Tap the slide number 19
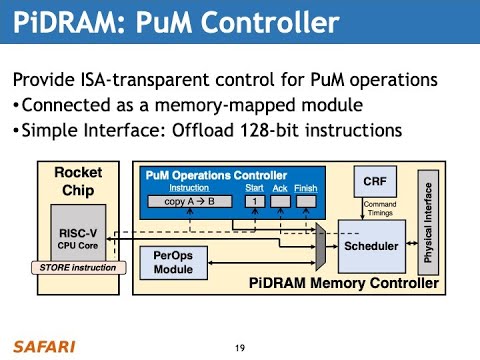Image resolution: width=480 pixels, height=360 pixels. pos(240,347)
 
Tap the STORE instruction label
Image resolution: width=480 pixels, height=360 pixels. pos(79,267)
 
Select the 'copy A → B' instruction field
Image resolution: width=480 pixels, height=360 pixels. pos(189,201)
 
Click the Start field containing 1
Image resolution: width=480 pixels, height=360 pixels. pos(254,201)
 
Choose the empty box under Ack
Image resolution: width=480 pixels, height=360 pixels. pos(281,201)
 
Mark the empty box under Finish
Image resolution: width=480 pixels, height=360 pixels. pos(306,201)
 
